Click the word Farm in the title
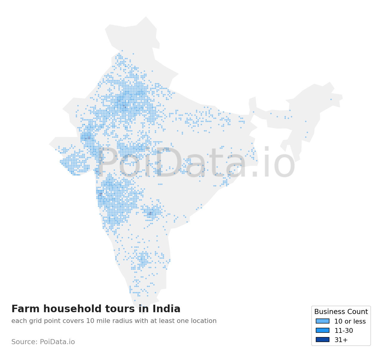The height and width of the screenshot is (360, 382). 23,309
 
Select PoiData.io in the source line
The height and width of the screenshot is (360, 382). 57,342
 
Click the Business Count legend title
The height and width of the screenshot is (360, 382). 341,312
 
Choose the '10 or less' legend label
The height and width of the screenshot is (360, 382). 350,321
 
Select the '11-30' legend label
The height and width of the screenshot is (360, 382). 344,331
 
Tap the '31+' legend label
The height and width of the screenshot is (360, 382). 341,340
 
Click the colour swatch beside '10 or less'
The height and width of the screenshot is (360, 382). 323,321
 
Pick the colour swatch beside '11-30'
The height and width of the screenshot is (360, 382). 323,330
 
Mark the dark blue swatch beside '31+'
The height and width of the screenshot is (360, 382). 323,340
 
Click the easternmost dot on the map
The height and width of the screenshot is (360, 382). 331,99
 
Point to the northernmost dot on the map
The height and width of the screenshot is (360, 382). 122,51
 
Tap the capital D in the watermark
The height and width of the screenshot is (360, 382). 163,163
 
